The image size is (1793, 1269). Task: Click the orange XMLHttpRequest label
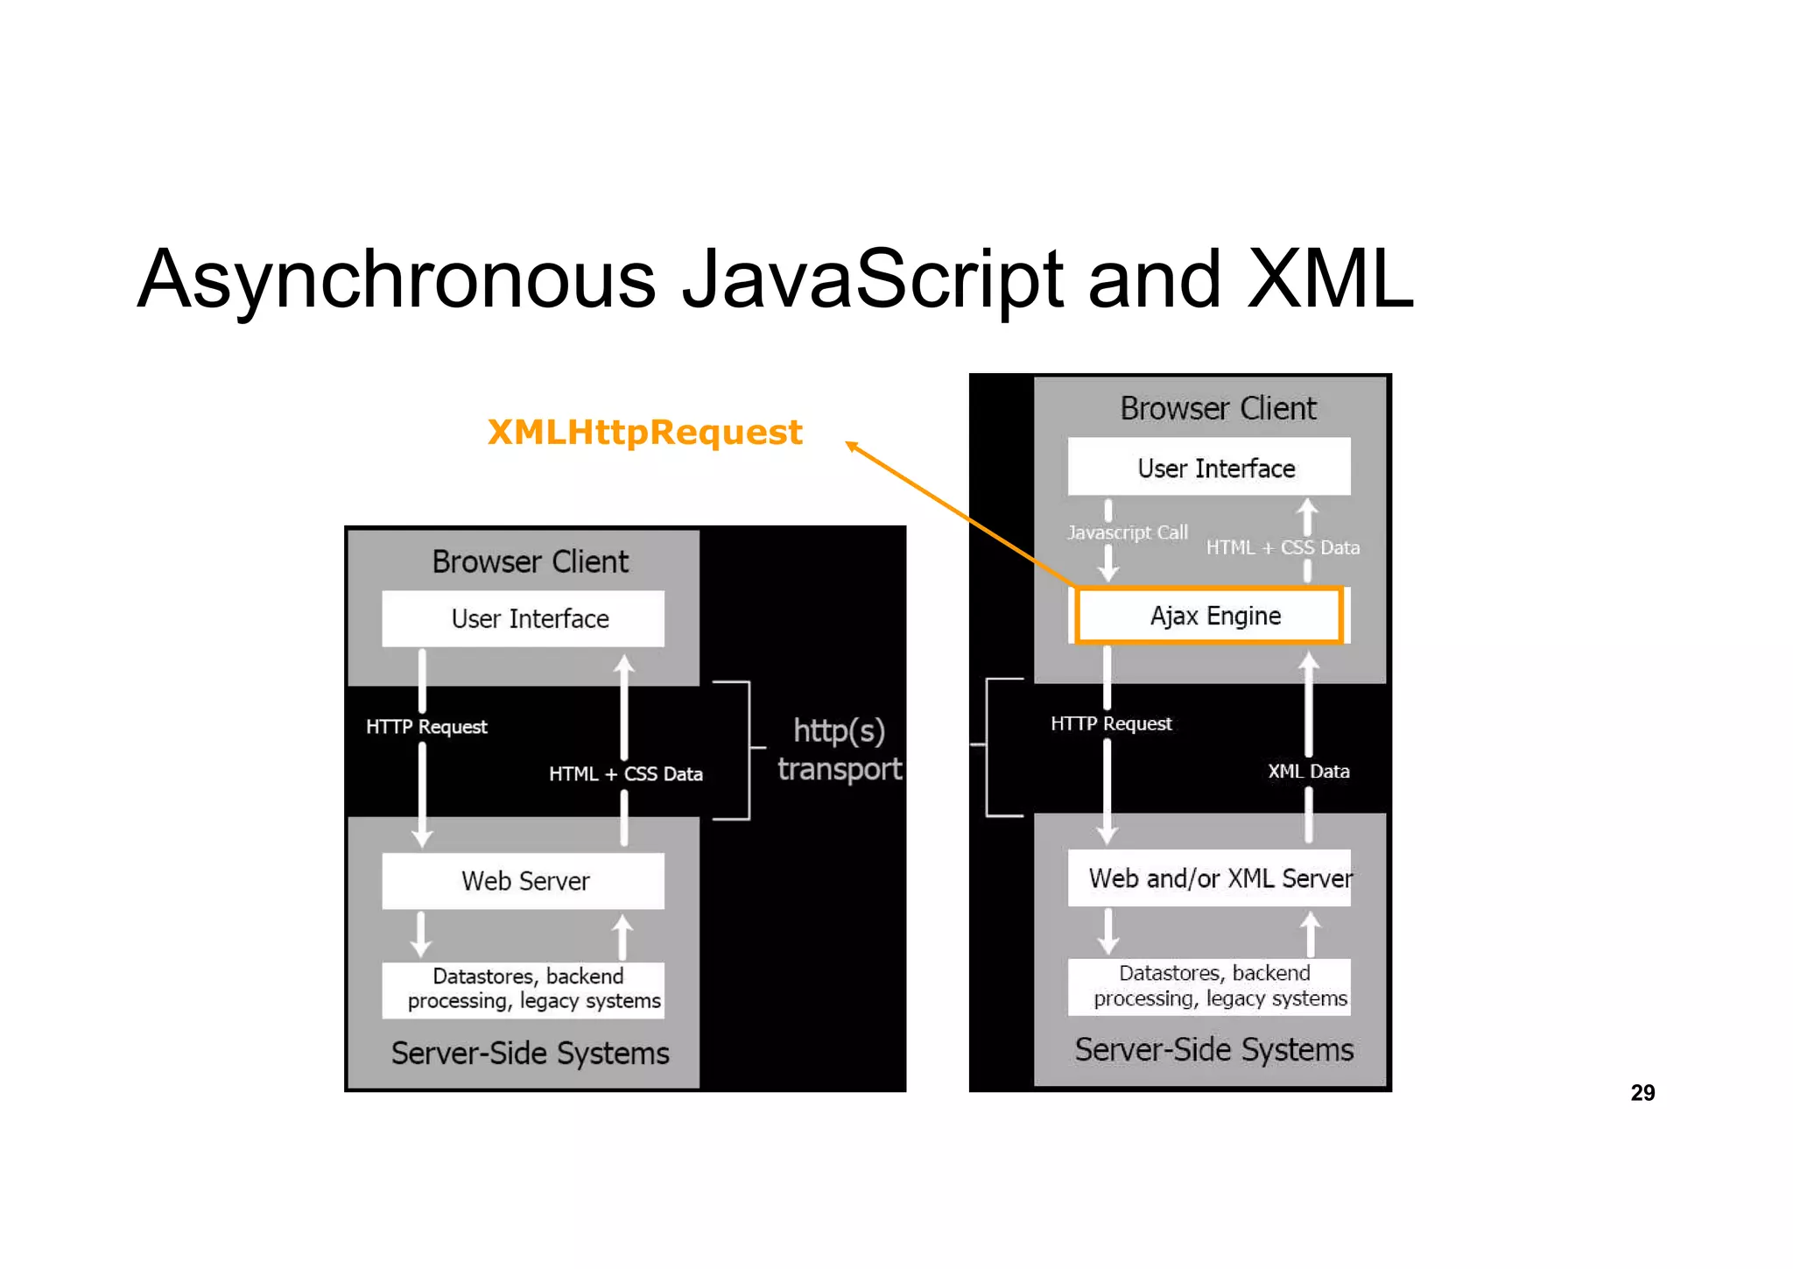click(x=644, y=433)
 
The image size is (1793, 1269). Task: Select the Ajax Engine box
click(x=1208, y=616)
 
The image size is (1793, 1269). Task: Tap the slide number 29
click(x=1642, y=1092)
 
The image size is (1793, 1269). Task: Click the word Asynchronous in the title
click(x=396, y=280)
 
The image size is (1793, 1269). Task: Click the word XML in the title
click(x=1329, y=280)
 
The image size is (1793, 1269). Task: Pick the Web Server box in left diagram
click(x=524, y=881)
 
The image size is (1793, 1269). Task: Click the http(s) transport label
click(x=839, y=750)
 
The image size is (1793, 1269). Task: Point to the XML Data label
click(x=1308, y=772)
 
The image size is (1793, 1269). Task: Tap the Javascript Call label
click(x=1128, y=532)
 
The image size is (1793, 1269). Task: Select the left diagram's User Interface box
click(x=524, y=618)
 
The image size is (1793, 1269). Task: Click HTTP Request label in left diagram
click(x=426, y=727)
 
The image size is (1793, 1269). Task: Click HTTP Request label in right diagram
click(x=1111, y=723)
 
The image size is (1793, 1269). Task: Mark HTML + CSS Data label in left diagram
click(x=625, y=774)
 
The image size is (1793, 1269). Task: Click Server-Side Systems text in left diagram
click(x=530, y=1054)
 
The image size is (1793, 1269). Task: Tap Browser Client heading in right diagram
click(x=1218, y=409)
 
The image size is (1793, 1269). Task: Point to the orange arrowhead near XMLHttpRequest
click(x=851, y=446)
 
